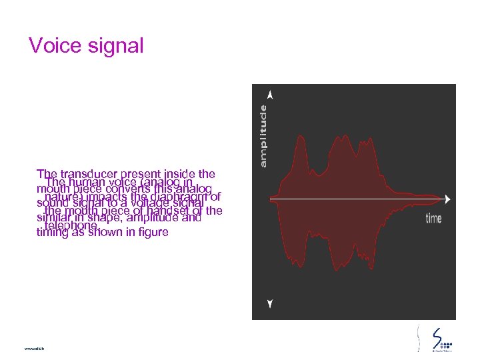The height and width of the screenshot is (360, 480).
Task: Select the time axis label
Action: [x=433, y=218]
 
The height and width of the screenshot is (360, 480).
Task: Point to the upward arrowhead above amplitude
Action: [x=269, y=95]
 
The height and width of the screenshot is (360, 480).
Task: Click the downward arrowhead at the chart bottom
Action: [x=269, y=303]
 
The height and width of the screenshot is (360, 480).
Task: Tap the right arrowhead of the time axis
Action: [x=445, y=199]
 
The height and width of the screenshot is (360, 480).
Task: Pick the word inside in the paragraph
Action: [x=179, y=175]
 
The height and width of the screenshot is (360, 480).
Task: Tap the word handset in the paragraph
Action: [x=169, y=211]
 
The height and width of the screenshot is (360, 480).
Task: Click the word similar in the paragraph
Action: [x=53, y=218]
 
